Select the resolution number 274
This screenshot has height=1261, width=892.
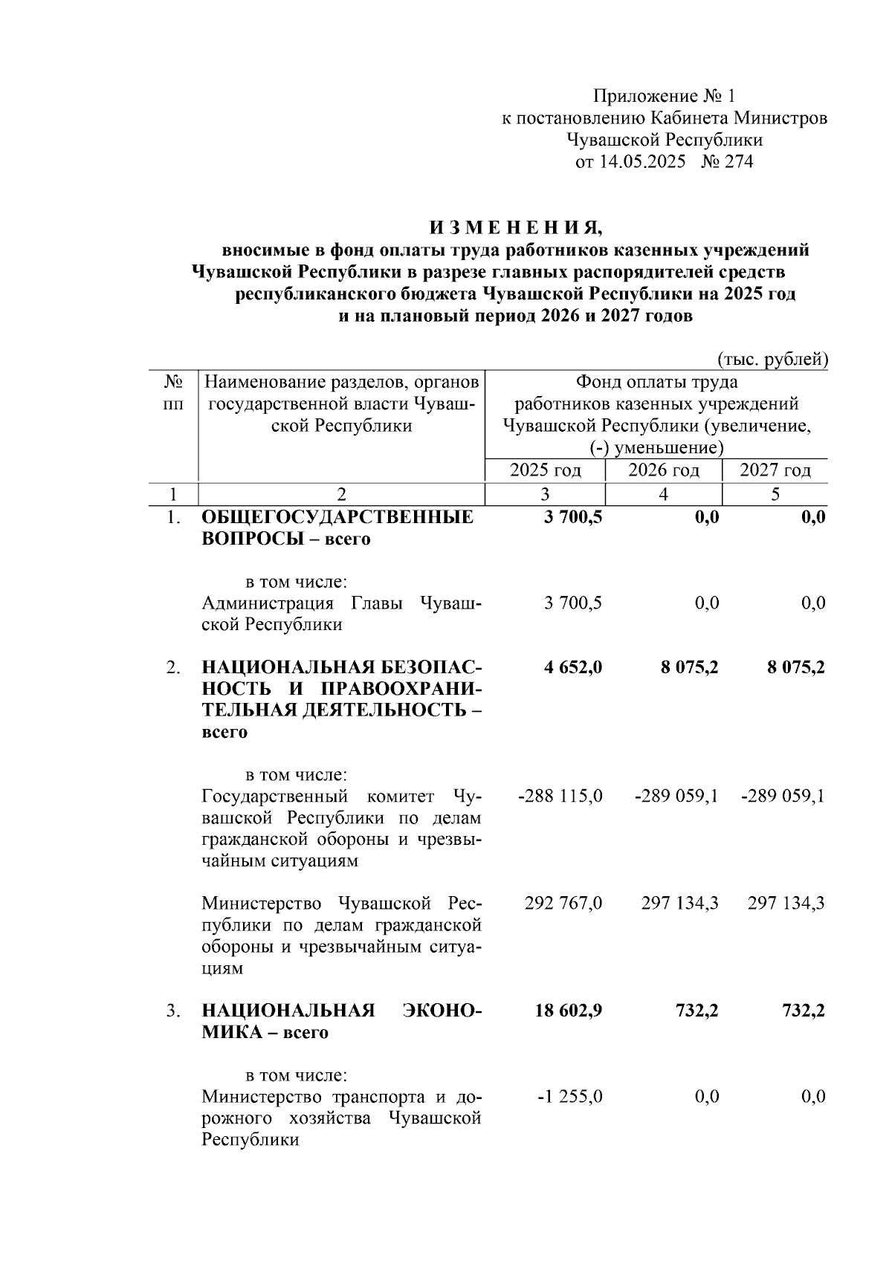coord(738,162)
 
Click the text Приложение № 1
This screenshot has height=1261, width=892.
coord(664,97)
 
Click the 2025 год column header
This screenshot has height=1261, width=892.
coord(545,470)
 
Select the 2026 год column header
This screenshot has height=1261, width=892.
coord(664,470)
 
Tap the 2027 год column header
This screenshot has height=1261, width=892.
coord(775,470)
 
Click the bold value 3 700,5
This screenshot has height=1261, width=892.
coord(572,517)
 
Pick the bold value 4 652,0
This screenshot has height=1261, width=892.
coord(572,667)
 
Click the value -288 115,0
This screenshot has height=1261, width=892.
coord(559,797)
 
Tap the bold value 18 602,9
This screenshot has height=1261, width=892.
coord(569,1011)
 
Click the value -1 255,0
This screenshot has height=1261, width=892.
coord(569,1097)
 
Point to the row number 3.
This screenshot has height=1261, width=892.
coord(172,1011)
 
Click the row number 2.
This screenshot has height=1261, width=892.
coord(172,667)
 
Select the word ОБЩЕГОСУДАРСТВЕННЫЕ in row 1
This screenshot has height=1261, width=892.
coord(337,517)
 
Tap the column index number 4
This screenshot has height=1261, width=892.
coord(664,494)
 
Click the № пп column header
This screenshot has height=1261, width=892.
coord(173,393)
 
